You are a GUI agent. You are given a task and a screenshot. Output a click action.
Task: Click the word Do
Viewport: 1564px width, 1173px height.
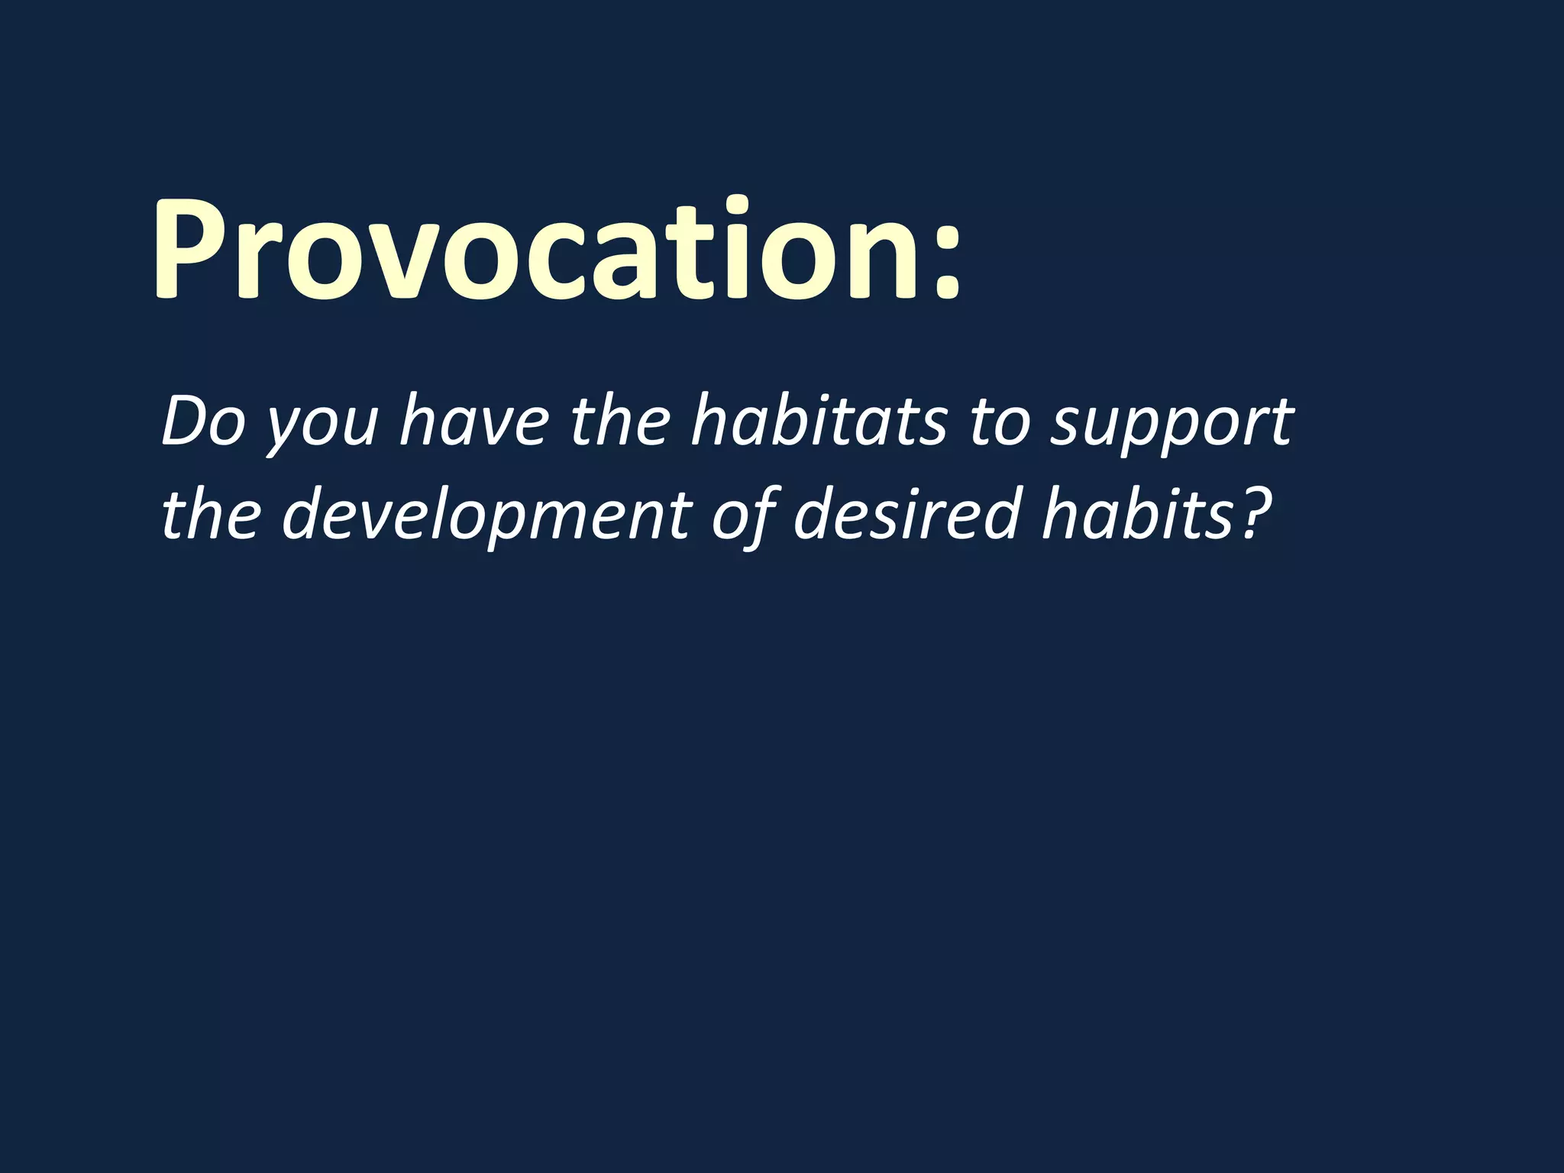pyautogui.click(x=202, y=422)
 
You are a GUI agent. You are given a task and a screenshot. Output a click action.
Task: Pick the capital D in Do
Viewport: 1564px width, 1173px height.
pyautogui.click(x=184, y=422)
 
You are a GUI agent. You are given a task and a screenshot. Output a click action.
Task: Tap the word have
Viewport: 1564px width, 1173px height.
pyautogui.click(x=474, y=422)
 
